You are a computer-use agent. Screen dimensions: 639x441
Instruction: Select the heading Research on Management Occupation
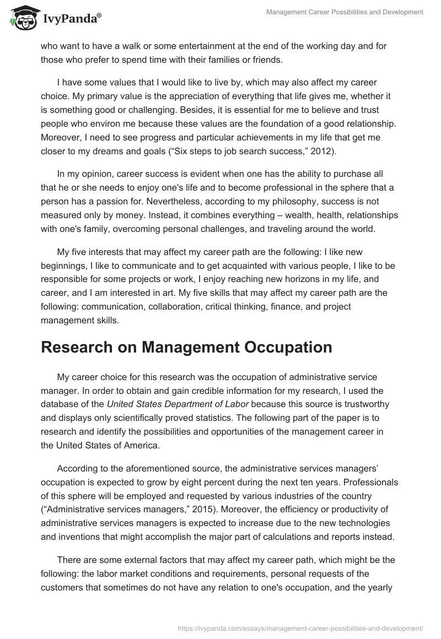pyautogui.click(x=186, y=348)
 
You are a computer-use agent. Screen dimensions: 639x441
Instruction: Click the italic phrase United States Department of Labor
pyautogui.click(x=178, y=391)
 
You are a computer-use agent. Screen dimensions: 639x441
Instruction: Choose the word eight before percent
pyautogui.click(x=238, y=468)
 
